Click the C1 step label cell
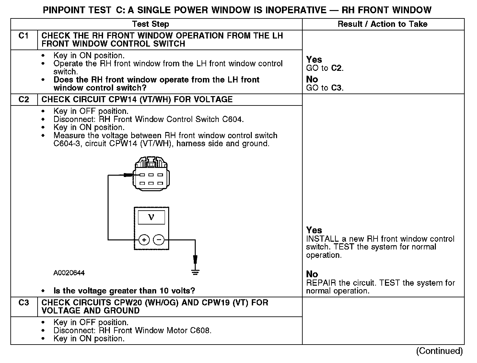click(24, 36)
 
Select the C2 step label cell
click(24, 99)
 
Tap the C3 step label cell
click(24, 303)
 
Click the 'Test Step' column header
click(151, 24)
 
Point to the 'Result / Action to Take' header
click(382, 24)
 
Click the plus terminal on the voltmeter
click(144, 240)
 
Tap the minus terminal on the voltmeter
click(158, 240)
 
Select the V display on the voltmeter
click(151, 217)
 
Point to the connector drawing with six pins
click(151, 177)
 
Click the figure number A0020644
click(69, 273)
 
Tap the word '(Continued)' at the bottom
click(439, 351)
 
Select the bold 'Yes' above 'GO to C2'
click(314, 60)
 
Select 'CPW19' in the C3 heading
click(216, 303)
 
